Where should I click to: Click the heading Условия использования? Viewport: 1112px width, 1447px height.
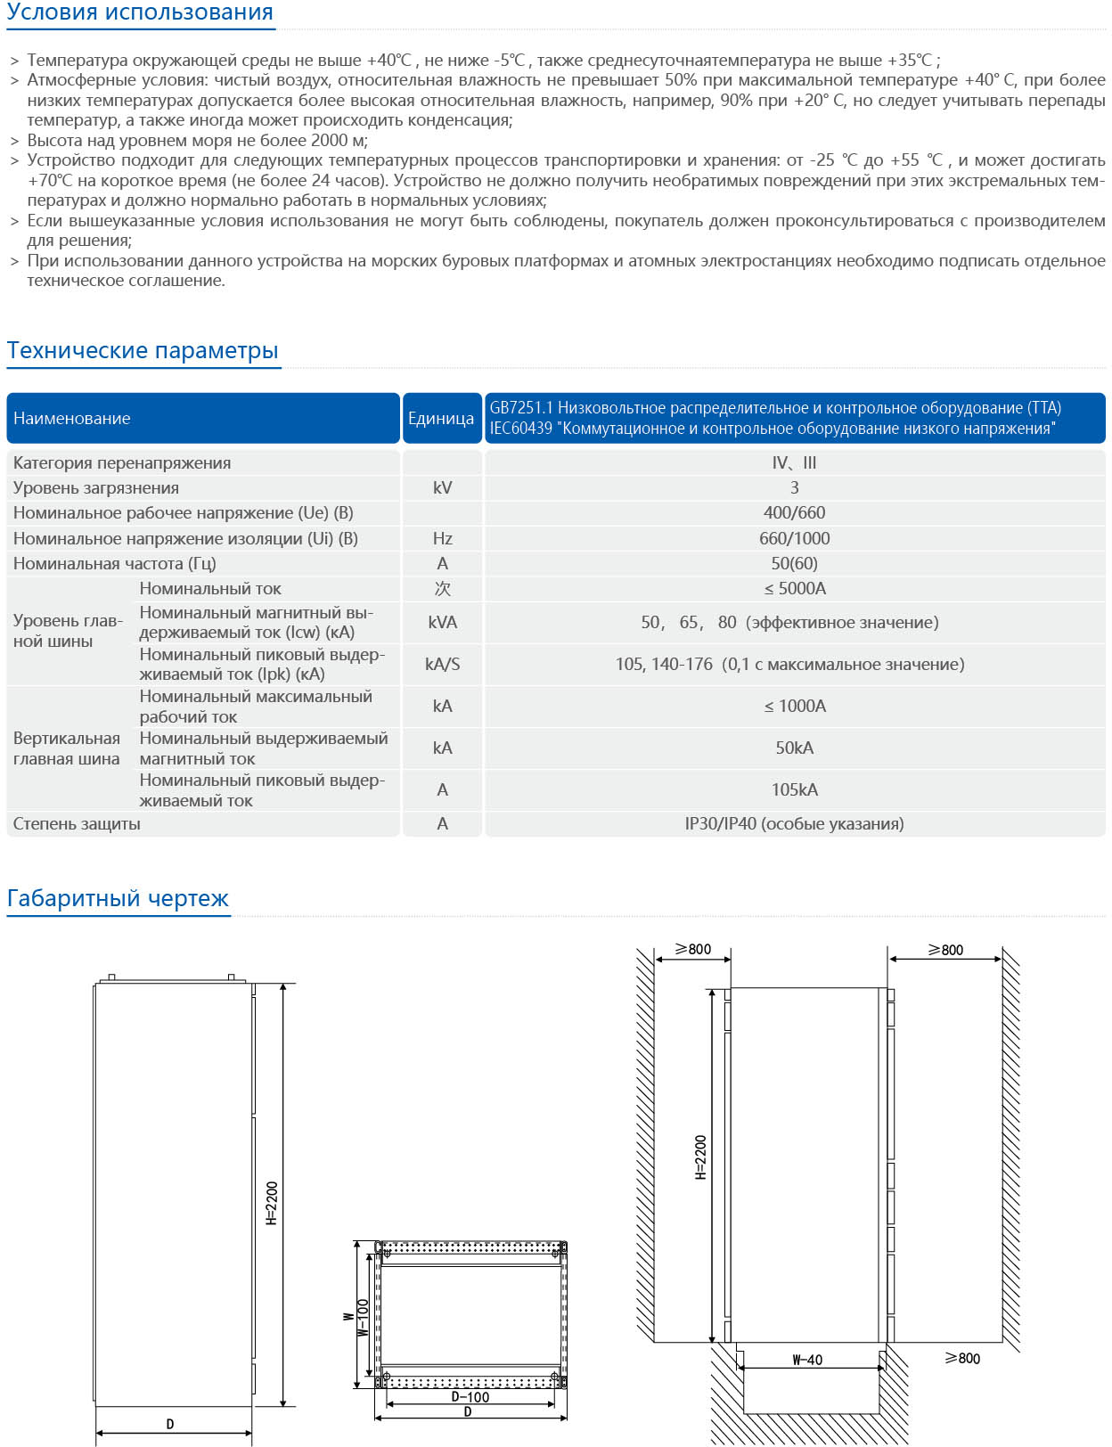(140, 13)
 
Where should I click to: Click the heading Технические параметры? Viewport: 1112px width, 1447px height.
(143, 350)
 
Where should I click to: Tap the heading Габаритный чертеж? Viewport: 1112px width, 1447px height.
(118, 898)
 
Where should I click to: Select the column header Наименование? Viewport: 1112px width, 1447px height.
(72, 418)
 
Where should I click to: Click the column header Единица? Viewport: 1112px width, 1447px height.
(441, 418)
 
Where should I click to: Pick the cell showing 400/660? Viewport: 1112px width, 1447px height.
(794, 513)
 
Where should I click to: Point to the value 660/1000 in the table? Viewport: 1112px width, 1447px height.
(794, 538)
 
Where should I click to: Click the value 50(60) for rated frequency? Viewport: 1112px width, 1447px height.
(794, 563)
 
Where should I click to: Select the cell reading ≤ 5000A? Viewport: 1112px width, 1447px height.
(794, 588)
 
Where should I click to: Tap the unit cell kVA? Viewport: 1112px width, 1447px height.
(442, 622)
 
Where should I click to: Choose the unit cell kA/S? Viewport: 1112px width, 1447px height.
(442, 664)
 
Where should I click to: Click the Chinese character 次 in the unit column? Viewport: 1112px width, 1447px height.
(442, 588)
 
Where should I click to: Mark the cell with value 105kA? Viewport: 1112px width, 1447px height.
(794, 789)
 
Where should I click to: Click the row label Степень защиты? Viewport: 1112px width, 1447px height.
(77, 823)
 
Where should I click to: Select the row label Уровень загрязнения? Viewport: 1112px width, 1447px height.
(96, 488)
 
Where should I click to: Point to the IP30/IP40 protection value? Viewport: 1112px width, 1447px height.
(794, 823)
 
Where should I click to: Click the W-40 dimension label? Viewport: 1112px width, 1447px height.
(807, 1360)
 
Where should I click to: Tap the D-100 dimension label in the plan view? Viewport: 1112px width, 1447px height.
(470, 1397)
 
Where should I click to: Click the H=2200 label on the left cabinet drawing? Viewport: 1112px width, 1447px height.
(273, 1203)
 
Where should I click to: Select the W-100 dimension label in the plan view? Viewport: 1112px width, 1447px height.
(364, 1317)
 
